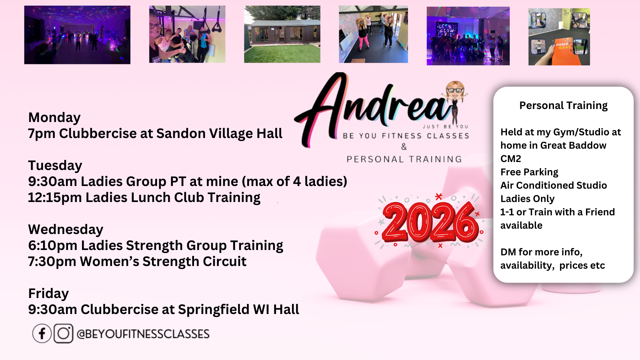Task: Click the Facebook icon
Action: pyautogui.click(x=42, y=333)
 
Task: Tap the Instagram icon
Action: pyautogui.click(x=63, y=333)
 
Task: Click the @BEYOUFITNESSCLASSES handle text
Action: pyautogui.click(x=143, y=334)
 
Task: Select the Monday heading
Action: pyautogui.click(x=54, y=118)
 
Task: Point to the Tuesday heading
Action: pyautogui.click(x=55, y=166)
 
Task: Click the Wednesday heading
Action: pyautogui.click(x=66, y=229)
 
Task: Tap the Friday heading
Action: pyautogui.click(x=48, y=294)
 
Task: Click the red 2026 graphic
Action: pyautogui.click(x=430, y=222)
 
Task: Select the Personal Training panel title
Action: pyautogui.click(x=563, y=106)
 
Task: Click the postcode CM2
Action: pyautogui.click(x=511, y=159)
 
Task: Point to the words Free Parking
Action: pyautogui.click(x=529, y=172)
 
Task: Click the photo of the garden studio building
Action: pyautogui.click(x=282, y=34)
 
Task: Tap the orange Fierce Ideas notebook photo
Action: pyautogui.click(x=559, y=37)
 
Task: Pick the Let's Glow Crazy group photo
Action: pyautogui.click(x=468, y=36)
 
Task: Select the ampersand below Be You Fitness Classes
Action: pyautogui.click(x=404, y=147)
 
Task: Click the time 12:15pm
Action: pyautogui.click(x=55, y=198)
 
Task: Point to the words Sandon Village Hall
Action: pyautogui.click(x=219, y=134)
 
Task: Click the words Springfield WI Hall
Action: pyautogui.click(x=238, y=310)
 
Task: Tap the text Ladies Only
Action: pyautogui.click(x=527, y=199)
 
